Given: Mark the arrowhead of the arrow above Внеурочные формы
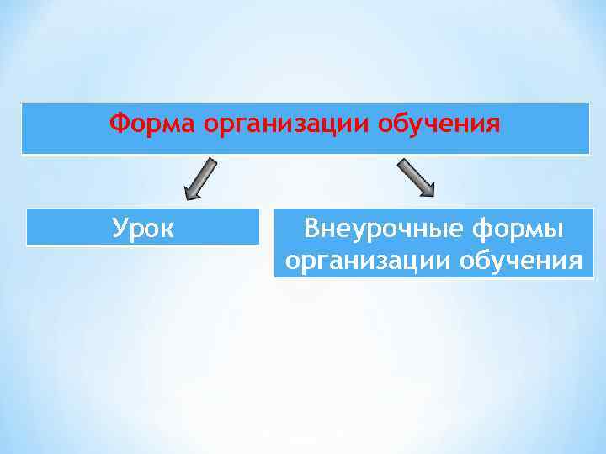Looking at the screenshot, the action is (426, 189).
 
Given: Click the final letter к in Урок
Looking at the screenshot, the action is (167, 230).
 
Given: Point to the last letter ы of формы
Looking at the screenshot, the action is (556, 230).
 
